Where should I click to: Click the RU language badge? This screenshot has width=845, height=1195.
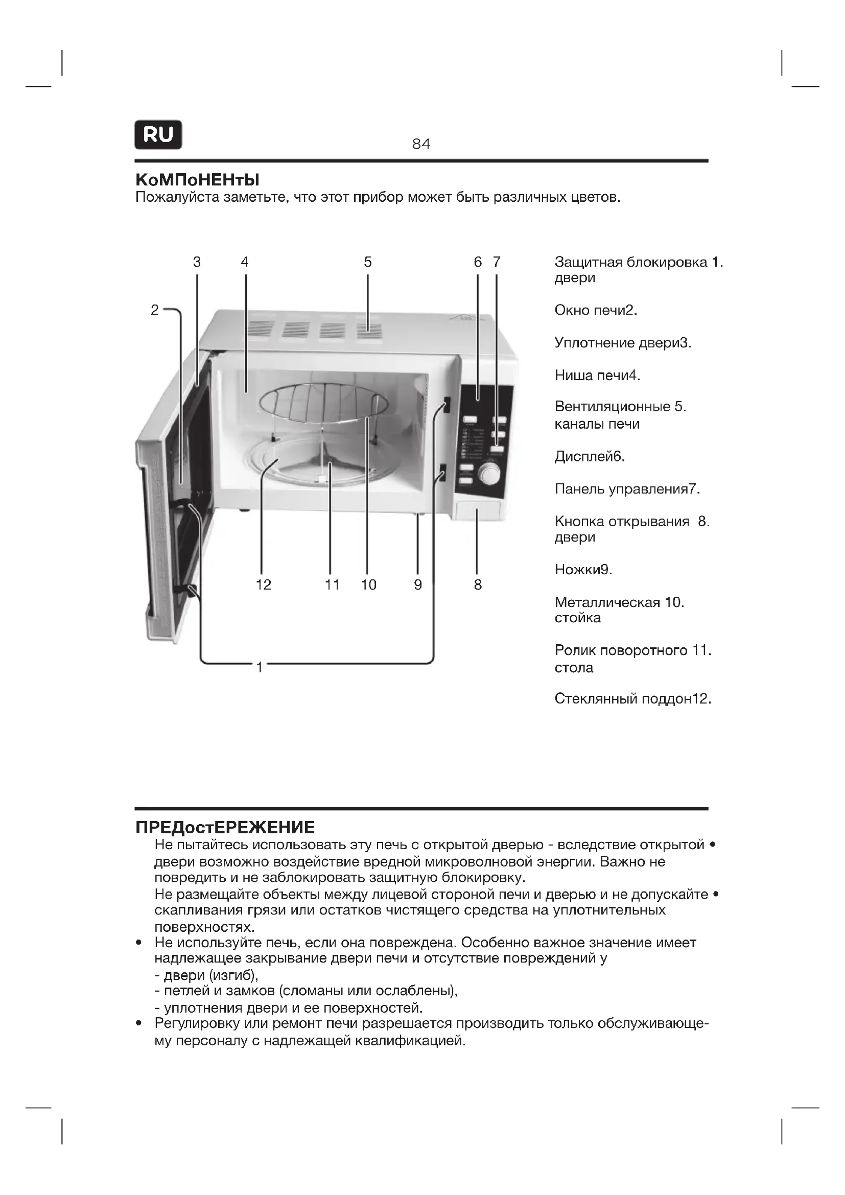tap(158, 135)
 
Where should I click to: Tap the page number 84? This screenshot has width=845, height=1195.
tap(421, 144)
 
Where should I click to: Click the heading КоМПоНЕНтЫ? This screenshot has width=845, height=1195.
tap(197, 180)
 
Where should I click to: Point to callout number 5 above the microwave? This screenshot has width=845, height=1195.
tap(368, 262)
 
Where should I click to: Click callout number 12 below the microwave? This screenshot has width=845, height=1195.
tap(263, 585)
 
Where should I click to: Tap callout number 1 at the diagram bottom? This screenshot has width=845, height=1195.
tap(260, 667)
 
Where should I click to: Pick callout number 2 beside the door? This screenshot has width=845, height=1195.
tap(154, 310)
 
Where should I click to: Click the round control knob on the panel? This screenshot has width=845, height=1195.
tap(488, 474)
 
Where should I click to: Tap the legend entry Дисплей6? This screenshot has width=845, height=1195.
tap(590, 457)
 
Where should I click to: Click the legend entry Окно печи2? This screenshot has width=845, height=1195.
tap(596, 311)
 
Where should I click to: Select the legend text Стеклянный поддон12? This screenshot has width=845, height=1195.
tap(632, 698)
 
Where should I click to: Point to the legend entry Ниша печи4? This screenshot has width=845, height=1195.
tap(597, 376)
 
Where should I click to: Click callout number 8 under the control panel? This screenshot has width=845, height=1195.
tap(478, 585)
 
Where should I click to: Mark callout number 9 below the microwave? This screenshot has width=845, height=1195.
tap(418, 585)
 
